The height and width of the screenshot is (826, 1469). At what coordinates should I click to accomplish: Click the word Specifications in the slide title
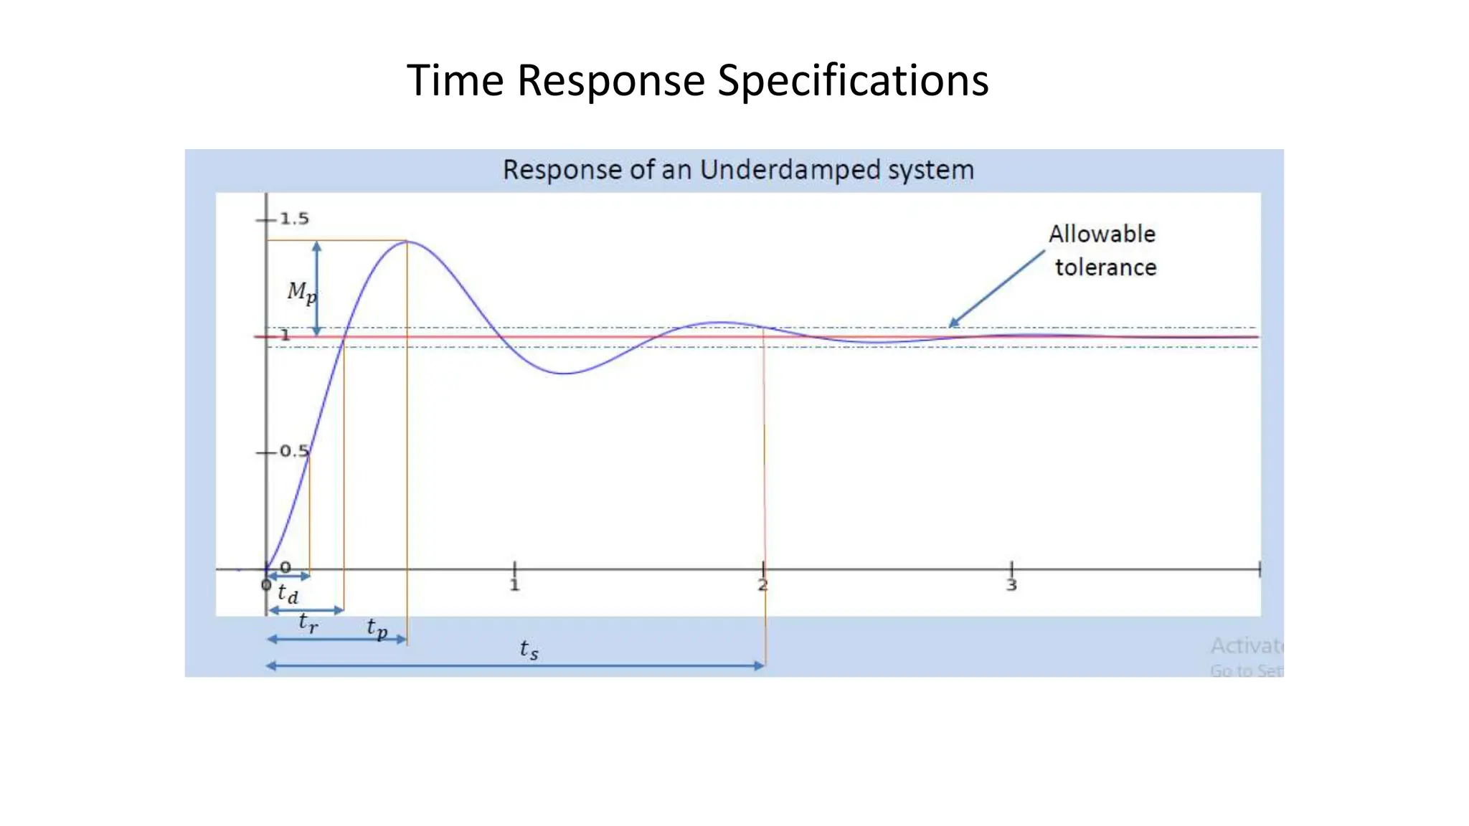[x=853, y=80]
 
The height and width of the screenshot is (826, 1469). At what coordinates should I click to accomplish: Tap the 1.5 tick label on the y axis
[x=294, y=219]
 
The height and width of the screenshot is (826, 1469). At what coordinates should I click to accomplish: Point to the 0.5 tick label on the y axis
[x=293, y=451]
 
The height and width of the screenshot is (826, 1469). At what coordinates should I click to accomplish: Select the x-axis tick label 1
[x=514, y=586]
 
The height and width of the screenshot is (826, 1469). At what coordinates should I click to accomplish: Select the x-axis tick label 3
[x=1011, y=586]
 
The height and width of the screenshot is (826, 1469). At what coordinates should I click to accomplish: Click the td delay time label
[x=288, y=594]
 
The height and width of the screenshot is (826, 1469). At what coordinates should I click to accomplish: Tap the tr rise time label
[x=308, y=622]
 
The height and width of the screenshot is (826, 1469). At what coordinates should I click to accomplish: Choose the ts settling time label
[x=529, y=650]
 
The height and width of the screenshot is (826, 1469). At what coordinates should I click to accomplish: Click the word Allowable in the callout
[x=1102, y=234]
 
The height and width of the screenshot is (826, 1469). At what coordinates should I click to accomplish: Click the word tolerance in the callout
[x=1105, y=267]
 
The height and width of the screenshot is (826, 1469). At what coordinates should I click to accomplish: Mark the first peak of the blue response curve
[x=407, y=242]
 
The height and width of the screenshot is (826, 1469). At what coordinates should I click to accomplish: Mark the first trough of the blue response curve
[x=565, y=373]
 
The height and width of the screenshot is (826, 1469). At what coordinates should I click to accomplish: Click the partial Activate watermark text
[x=1246, y=646]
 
